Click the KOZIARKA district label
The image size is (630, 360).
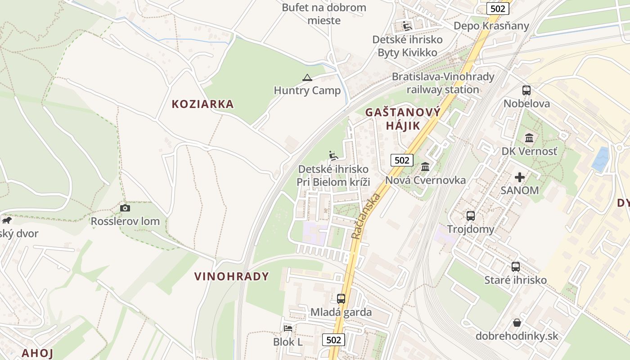click(202, 104)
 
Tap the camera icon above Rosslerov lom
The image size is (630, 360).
click(125, 208)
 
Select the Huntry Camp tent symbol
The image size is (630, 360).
click(307, 77)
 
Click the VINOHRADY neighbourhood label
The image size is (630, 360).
click(231, 276)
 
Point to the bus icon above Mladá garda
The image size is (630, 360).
click(341, 298)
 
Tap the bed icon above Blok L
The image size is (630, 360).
click(288, 328)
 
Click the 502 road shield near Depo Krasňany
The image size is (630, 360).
click(498, 9)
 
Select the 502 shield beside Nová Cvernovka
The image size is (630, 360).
click(401, 160)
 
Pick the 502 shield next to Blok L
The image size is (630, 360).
click(334, 340)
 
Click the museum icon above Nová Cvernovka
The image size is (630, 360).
click(425, 167)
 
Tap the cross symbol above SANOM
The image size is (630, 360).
click(520, 177)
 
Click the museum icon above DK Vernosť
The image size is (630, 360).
click(529, 138)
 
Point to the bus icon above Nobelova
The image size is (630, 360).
click(526, 90)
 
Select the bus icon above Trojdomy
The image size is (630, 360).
click(470, 216)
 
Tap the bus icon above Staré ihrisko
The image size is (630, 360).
click(515, 266)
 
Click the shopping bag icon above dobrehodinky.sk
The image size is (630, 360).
click(517, 323)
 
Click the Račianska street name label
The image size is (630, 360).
click(366, 216)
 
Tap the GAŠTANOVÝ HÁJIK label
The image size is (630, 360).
click(402, 119)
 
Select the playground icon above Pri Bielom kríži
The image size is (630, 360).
click(333, 156)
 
